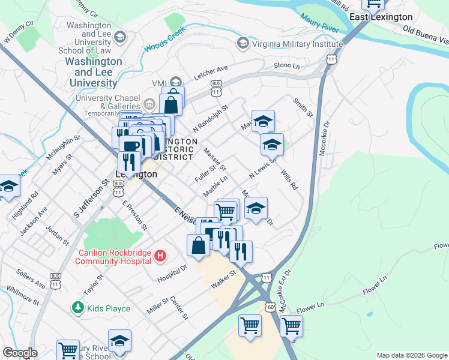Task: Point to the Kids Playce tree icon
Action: (x=77, y=308)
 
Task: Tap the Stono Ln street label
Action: (x=286, y=65)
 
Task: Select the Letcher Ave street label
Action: (x=211, y=74)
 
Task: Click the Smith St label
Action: (x=303, y=107)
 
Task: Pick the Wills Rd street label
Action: (x=289, y=179)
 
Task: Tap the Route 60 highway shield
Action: (x=271, y=307)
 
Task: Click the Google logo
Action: (x=20, y=353)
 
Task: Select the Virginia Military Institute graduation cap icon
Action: (x=243, y=43)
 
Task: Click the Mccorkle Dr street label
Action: (x=325, y=139)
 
